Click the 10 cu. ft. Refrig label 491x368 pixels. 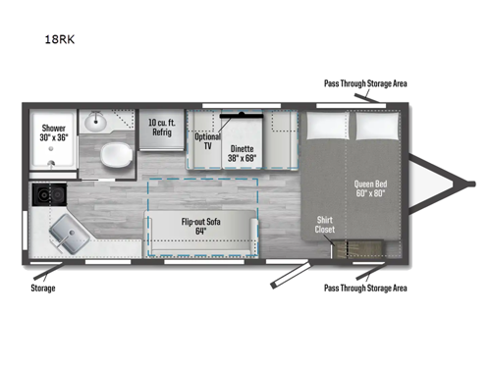[161, 129]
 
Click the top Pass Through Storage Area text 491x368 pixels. [365, 84]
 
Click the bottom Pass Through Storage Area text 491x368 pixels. [365, 289]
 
